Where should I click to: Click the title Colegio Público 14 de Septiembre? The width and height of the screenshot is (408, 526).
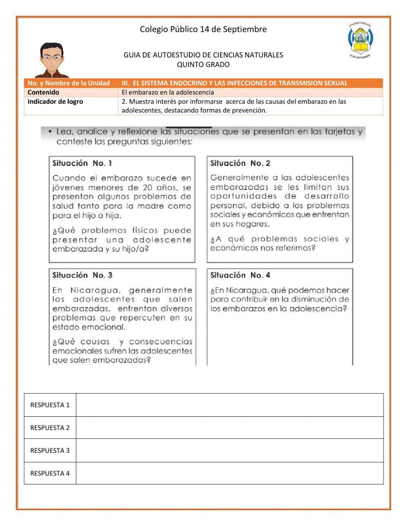pyautogui.click(x=203, y=29)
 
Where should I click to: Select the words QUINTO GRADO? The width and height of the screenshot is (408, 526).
pyautogui.click(x=203, y=64)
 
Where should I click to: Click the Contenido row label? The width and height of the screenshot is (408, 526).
pyautogui.click(x=43, y=92)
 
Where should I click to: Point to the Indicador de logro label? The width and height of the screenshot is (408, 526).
pyautogui.click(x=55, y=101)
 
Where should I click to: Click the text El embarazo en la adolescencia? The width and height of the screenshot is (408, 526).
pyautogui.click(x=168, y=92)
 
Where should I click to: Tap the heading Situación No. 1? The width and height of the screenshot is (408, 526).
pyautogui.click(x=82, y=163)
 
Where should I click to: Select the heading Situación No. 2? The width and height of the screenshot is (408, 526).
pyautogui.click(x=240, y=163)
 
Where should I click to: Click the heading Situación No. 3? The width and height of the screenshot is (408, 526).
pyautogui.click(x=82, y=275)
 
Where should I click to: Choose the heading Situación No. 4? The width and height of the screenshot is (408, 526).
pyautogui.click(x=240, y=275)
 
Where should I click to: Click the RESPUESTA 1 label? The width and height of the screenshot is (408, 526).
pyautogui.click(x=50, y=405)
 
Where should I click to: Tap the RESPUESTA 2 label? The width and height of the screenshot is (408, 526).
pyautogui.click(x=50, y=428)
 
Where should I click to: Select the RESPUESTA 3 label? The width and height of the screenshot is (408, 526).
pyautogui.click(x=50, y=451)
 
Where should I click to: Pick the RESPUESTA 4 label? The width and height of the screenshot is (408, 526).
pyautogui.click(x=50, y=473)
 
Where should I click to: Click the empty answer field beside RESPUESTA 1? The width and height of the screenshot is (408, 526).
pyautogui.click(x=229, y=405)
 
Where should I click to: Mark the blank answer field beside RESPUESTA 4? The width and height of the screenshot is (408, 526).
pyautogui.click(x=229, y=473)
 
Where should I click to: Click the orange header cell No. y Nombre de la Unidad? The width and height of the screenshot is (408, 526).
pyautogui.click(x=69, y=83)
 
